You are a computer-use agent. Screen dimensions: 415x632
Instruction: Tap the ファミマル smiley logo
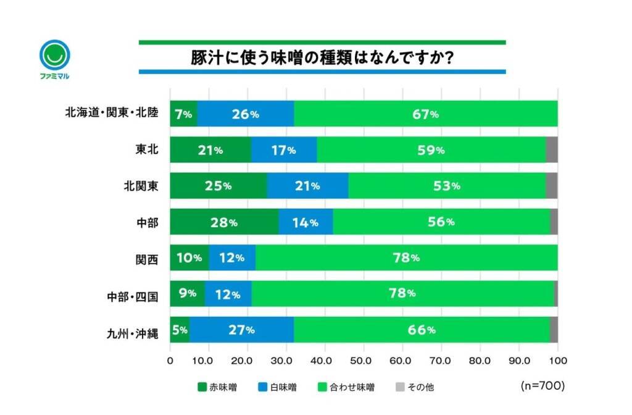[54, 56]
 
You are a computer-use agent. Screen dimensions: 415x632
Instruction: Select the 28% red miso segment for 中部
[224, 222]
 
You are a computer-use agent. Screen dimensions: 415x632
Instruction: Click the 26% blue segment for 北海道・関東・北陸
[245, 114]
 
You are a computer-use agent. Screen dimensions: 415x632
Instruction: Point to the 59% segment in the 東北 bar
[432, 149]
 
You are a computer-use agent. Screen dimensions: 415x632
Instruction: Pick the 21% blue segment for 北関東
[307, 185]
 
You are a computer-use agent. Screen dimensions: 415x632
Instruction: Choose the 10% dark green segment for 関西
[189, 258]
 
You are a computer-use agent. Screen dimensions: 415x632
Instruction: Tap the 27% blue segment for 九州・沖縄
[241, 329]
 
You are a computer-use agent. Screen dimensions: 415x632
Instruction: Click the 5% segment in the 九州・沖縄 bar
[180, 329]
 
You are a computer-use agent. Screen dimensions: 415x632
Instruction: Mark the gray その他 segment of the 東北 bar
[552, 149]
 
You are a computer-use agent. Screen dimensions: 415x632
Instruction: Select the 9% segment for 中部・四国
[187, 293]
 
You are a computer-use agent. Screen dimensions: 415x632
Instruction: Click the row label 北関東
[142, 185]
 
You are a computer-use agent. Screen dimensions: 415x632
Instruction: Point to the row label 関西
[147, 258]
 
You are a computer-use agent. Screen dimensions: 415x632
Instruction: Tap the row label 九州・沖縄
[132, 334]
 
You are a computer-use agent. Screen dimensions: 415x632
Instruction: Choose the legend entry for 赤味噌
[217, 387]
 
